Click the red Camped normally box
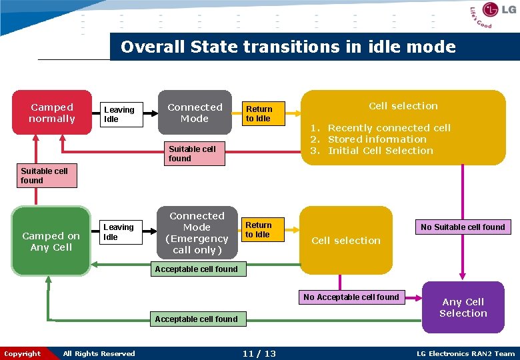pos(52,113)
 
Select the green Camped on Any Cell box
pos(51,241)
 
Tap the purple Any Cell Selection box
pos(463,307)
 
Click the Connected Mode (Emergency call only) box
pos(197,233)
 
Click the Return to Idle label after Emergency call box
pos(258,230)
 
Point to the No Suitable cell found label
pos(463,227)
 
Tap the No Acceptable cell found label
pos(351,297)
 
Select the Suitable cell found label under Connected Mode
pos(192,154)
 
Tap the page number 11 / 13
pos(260,353)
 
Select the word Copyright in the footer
pos(23,353)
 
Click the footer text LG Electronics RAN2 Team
pos(465,353)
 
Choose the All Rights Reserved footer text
pos(99,353)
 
